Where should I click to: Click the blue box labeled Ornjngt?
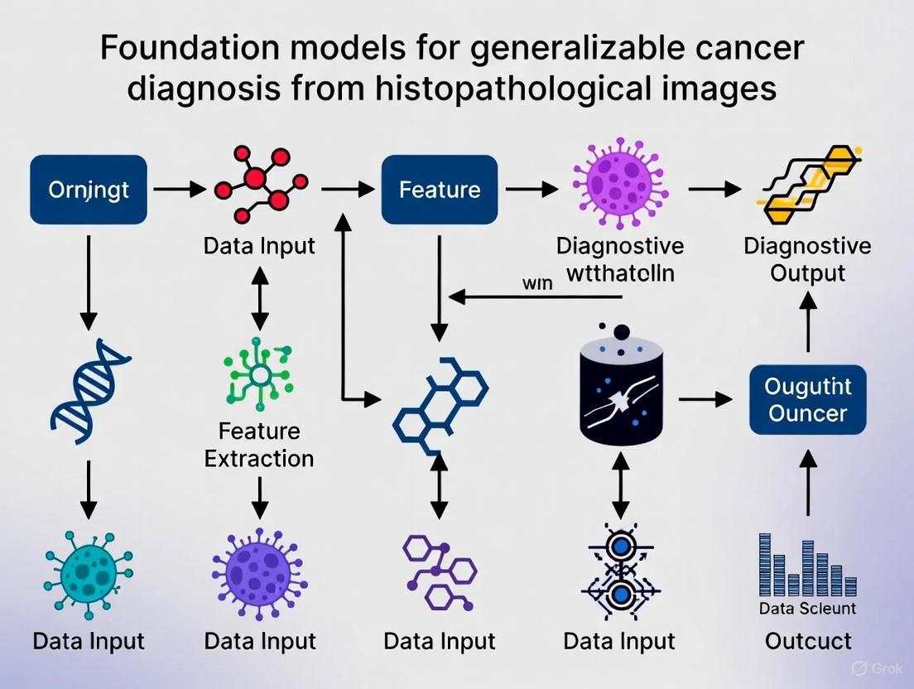pos(89,190)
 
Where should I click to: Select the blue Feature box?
pos(439,190)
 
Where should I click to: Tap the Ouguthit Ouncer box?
pos(807,400)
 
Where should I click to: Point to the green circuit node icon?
pos(260,374)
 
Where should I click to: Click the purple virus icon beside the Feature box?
pos(620,184)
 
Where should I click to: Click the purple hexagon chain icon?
pos(440,571)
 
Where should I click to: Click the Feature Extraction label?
pos(259,445)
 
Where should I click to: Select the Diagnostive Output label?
pos(807,259)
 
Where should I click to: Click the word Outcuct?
pos(807,641)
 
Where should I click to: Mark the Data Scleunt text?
pos(807,609)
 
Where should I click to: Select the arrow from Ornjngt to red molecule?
pos(179,190)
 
